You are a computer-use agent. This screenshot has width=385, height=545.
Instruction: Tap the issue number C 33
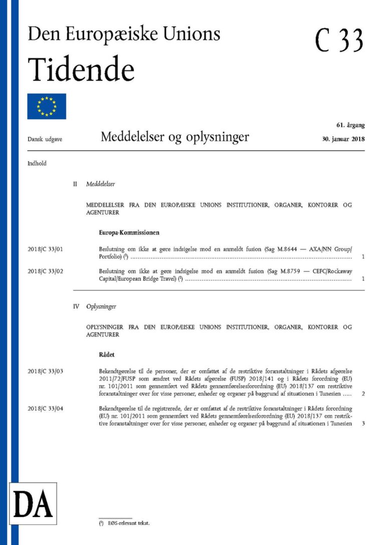click(339, 40)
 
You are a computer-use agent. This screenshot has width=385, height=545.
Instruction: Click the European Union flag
click(47, 106)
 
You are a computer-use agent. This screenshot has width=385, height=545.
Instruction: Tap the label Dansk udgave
click(45, 139)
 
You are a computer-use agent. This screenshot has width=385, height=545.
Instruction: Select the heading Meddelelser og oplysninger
click(174, 137)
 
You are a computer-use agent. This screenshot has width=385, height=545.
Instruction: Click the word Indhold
click(37, 163)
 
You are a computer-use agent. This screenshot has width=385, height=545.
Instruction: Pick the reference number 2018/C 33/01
click(49, 249)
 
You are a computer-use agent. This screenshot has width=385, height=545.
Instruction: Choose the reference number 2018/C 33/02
click(49, 271)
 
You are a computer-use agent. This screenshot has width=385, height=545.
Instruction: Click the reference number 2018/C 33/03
click(49, 372)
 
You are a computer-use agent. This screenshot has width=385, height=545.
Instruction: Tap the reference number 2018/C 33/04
click(49, 409)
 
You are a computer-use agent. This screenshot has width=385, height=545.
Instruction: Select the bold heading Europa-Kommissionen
click(129, 233)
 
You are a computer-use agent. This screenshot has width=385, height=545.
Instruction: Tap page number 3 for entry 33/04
click(362, 424)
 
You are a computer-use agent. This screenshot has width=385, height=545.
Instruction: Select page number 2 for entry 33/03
click(362, 394)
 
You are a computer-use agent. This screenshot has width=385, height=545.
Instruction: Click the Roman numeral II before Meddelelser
click(76, 185)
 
